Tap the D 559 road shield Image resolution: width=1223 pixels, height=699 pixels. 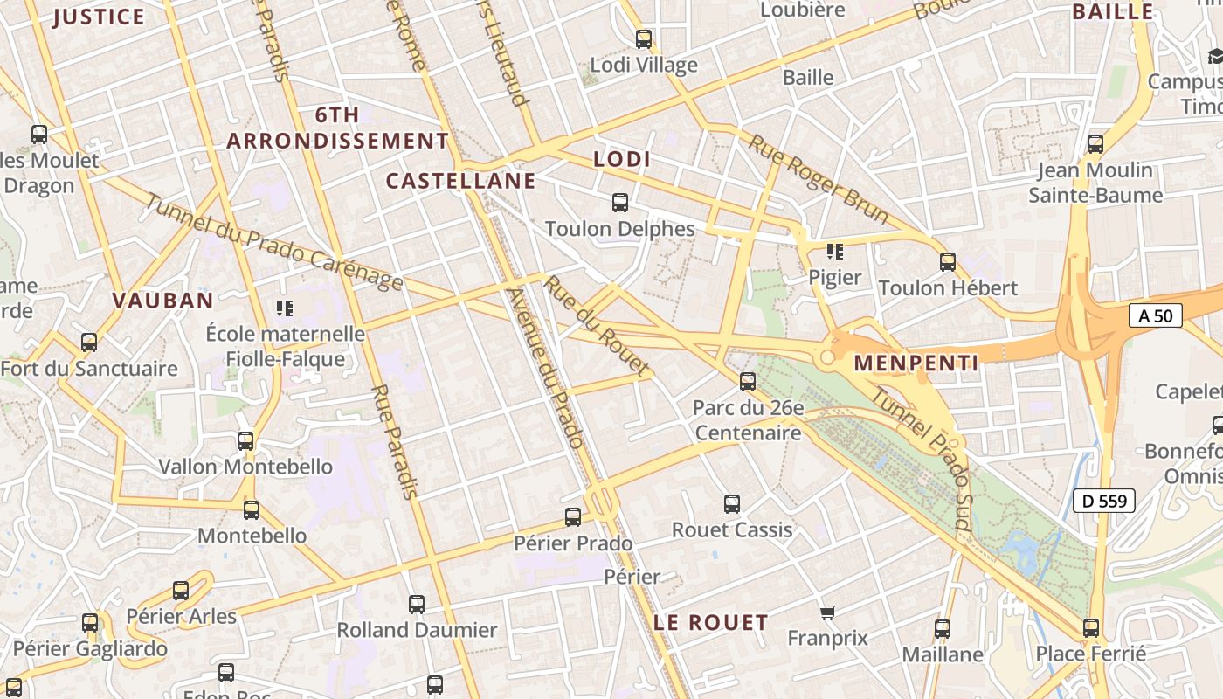[1104, 501]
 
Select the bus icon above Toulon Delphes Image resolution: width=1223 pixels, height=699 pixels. [620, 203]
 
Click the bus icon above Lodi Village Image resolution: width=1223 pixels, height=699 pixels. [644, 38]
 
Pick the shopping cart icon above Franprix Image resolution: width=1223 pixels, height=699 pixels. [828, 612]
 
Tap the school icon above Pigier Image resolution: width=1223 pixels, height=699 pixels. [835, 252]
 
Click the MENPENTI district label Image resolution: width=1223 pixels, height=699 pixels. [916, 363]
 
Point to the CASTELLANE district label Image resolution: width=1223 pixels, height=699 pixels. [460, 181]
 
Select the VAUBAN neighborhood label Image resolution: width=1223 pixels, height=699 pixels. [162, 301]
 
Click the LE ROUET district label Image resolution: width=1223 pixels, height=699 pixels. [711, 623]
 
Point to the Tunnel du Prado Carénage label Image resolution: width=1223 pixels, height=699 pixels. [273, 242]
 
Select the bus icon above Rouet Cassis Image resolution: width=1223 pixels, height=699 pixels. [732, 503]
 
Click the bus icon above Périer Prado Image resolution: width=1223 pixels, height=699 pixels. [573, 517]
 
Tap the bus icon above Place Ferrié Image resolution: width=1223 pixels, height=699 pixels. [1091, 627]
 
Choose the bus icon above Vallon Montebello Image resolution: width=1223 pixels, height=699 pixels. [245, 440]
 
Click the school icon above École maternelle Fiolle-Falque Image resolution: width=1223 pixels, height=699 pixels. [285, 308]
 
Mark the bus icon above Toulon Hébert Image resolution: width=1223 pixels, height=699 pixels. [948, 261]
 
